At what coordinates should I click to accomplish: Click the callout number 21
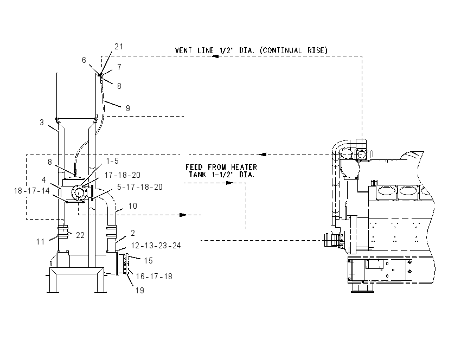tap(119, 47)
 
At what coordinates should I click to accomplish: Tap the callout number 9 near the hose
tap(128, 108)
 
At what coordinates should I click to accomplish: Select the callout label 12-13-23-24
tap(156, 246)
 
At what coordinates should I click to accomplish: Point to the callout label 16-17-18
tap(154, 277)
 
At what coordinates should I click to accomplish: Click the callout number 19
tap(140, 291)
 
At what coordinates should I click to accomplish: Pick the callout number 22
tap(80, 235)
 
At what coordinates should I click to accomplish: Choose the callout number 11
tap(41, 242)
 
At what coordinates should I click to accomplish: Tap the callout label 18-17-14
tap(32, 191)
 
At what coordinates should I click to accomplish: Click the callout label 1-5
tap(112, 160)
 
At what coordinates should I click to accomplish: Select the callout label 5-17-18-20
tap(140, 187)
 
